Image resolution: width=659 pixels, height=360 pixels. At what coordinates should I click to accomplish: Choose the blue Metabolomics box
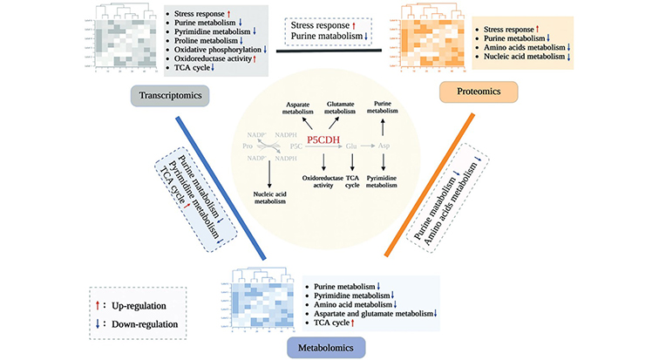point(327,344)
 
